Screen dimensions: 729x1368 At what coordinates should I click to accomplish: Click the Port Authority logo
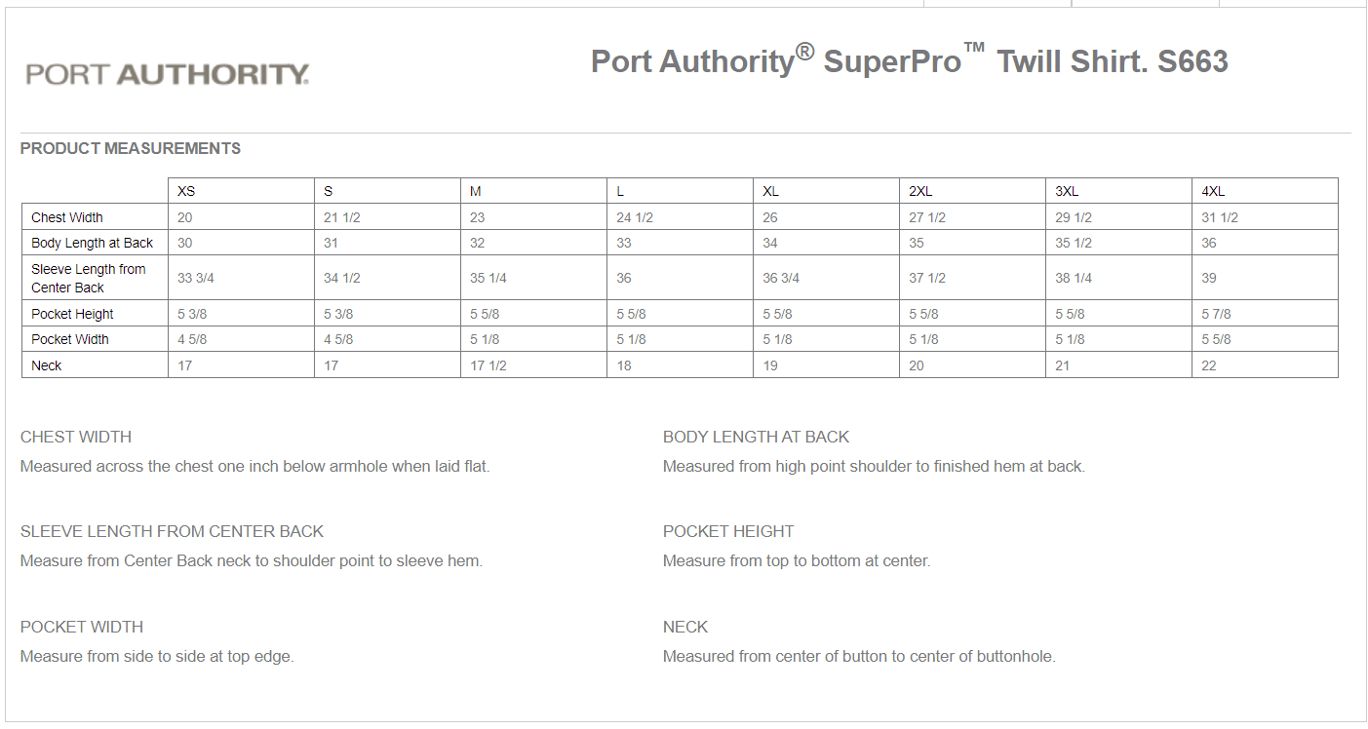click(x=168, y=74)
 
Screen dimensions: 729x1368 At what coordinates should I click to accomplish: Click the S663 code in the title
click(x=1192, y=61)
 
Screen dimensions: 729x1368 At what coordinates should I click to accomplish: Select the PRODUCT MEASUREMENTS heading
click(x=131, y=149)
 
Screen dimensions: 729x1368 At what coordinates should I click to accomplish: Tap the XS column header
click(x=186, y=191)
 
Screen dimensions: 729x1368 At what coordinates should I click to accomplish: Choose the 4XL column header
click(x=1213, y=191)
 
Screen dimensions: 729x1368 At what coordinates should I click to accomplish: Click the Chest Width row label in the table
click(x=67, y=217)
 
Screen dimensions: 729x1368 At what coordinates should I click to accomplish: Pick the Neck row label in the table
click(x=47, y=365)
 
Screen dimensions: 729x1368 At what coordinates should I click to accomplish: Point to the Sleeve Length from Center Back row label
click(x=88, y=278)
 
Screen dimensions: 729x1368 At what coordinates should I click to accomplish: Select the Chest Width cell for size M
click(x=478, y=217)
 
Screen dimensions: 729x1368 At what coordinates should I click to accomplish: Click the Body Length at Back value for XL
click(x=770, y=243)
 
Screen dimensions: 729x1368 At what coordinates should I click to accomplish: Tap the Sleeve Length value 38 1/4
click(x=1074, y=278)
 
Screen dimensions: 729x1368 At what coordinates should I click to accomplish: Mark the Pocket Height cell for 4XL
click(x=1216, y=314)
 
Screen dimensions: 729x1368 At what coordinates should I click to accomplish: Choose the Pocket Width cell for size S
click(x=338, y=339)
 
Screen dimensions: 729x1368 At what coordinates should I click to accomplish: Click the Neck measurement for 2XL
click(x=917, y=365)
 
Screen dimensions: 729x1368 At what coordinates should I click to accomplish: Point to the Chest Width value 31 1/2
click(x=1220, y=217)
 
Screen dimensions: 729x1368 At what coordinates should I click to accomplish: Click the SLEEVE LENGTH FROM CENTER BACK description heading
click(x=172, y=531)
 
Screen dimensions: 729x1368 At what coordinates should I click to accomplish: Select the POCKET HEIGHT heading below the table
click(x=728, y=531)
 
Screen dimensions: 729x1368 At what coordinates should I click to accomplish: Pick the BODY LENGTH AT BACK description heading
click(x=756, y=437)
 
